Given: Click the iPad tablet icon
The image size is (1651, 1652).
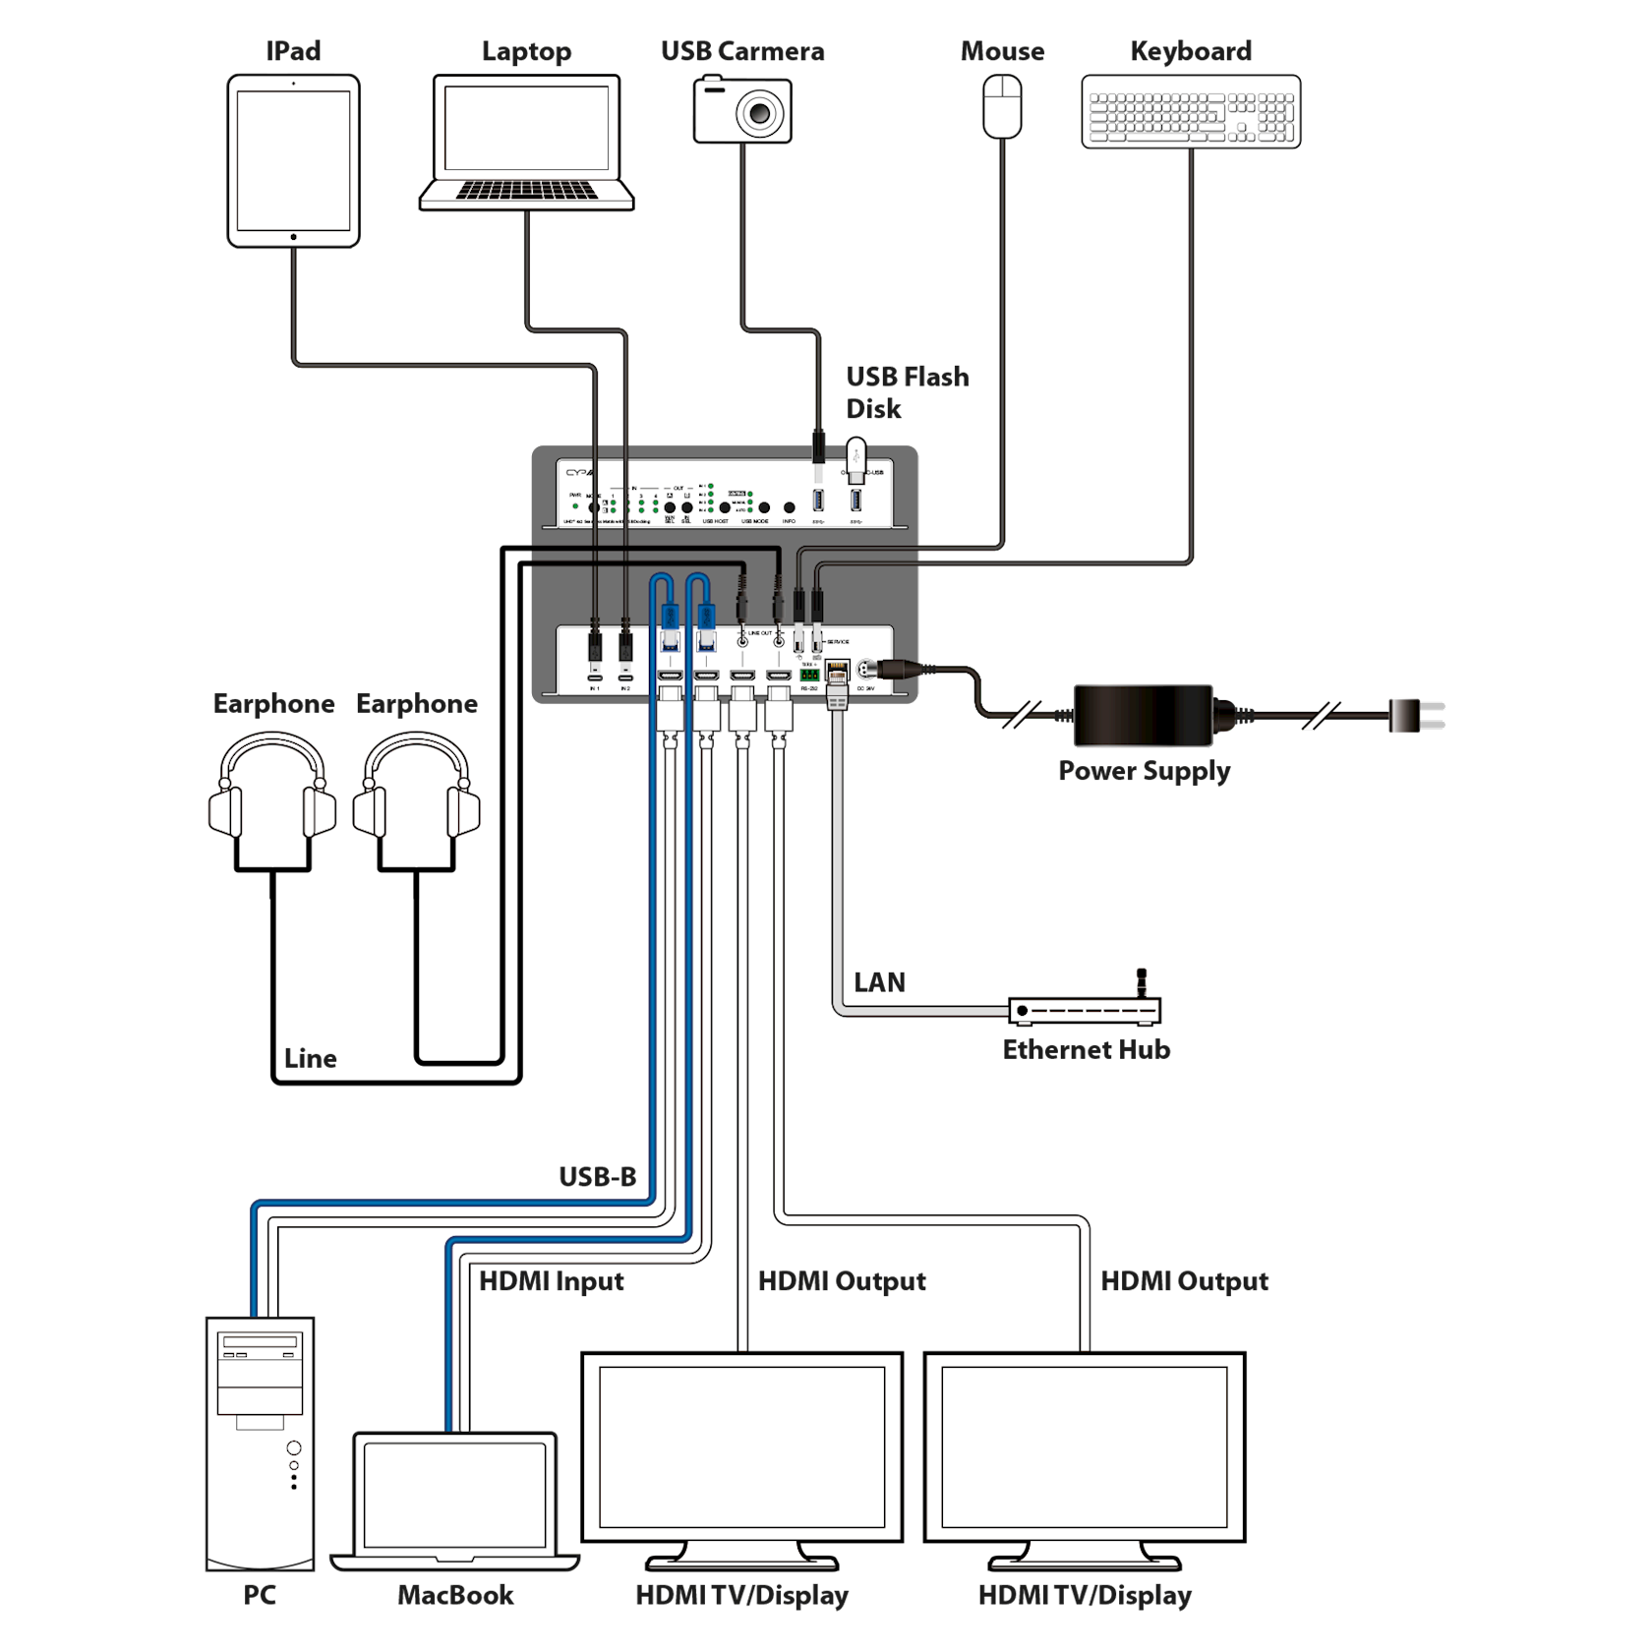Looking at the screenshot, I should (x=293, y=160).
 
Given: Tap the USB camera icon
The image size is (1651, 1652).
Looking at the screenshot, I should (x=742, y=111).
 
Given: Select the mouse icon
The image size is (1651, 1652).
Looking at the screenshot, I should (x=1002, y=107).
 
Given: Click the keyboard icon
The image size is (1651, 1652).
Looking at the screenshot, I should (x=1191, y=112).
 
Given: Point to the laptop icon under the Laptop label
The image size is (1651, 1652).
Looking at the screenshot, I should (x=526, y=142).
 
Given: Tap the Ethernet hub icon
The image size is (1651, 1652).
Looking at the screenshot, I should (x=1085, y=1008).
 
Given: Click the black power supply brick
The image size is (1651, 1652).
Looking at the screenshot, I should (x=1143, y=715).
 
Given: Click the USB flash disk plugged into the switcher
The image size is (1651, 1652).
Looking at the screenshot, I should (x=855, y=459).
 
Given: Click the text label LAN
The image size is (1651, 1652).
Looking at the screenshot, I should (x=879, y=981).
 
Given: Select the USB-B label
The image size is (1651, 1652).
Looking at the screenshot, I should (x=598, y=1176).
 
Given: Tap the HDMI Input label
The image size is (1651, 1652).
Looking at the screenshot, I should (x=552, y=1281).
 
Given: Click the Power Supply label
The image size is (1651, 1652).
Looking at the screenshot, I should (x=1144, y=770).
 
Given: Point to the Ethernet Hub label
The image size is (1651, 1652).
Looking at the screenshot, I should (x=1086, y=1049).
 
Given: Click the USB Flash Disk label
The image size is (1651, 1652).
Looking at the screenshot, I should (x=907, y=391).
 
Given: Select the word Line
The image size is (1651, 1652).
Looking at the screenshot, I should (x=310, y=1058).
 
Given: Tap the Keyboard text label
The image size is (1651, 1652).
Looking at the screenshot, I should (x=1191, y=51).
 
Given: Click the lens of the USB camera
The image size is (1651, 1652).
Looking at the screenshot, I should (x=759, y=113).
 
